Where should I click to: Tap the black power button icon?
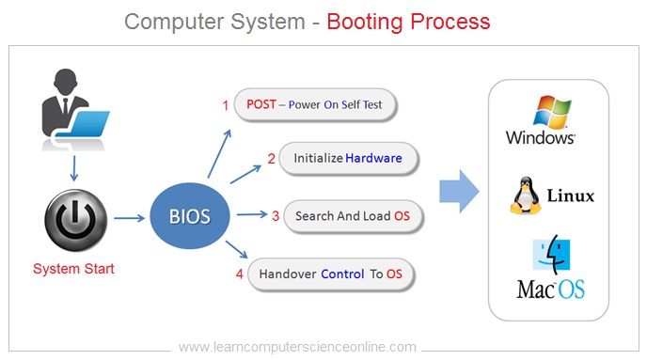click(x=73, y=219)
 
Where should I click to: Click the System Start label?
click(x=73, y=269)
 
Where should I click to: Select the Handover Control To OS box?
click(x=330, y=274)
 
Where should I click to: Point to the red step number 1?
click(x=225, y=104)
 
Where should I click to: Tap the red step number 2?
click(x=271, y=159)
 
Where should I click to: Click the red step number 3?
click(x=276, y=216)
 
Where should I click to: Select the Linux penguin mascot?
click(x=525, y=195)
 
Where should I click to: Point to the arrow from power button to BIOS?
click(x=130, y=219)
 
